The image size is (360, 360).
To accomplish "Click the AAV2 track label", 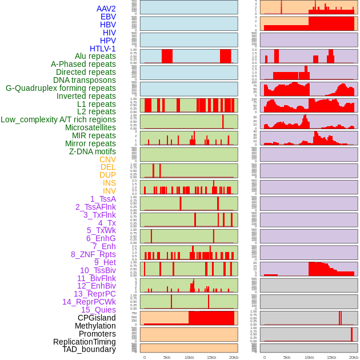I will pyautogui.click(x=106, y=9).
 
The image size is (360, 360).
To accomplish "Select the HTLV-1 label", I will pyautogui.click(x=103, y=49).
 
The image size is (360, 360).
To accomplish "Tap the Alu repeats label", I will pyautogui.click(x=95, y=57).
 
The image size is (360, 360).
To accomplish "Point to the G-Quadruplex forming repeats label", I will pyautogui.click(x=61, y=89).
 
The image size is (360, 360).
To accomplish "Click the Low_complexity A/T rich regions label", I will pyautogui.click(x=58, y=120).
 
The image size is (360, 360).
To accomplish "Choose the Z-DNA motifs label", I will pyautogui.click(x=93, y=151).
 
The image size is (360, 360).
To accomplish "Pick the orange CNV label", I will pyautogui.click(x=107, y=159).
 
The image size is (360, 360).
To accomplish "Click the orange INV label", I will pyautogui.click(x=109, y=191).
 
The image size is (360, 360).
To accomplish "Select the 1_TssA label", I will pyautogui.click(x=103, y=199).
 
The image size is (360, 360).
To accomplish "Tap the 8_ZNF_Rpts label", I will pyautogui.click(x=93, y=254).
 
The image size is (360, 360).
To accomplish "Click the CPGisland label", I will pyautogui.click(x=97, y=318).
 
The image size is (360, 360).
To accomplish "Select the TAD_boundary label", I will pyautogui.click(x=89, y=349).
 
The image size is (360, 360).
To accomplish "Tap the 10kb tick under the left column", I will pyautogui.click(x=189, y=357).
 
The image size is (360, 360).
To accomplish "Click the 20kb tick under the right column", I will pyautogui.click(x=354, y=357).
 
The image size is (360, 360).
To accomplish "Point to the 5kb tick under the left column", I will pyautogui.click(x=166, y=357).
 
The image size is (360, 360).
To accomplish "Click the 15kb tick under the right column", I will pyautogui.click(x=331, y=357).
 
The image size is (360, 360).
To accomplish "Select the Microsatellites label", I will pyautogui.click(x=90, y=127).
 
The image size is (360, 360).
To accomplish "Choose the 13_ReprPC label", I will pyautogui.click(x=94, y=294).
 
